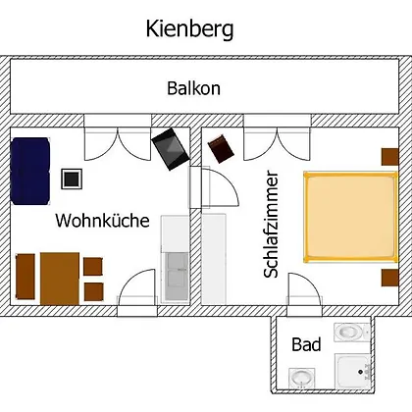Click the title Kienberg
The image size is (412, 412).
(x=189, y=29)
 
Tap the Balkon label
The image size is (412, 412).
(x=194, y=88)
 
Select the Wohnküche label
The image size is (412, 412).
(x=102, y=220)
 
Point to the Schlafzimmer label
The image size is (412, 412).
(x=272, y=225)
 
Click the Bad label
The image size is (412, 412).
(x=306, y=344)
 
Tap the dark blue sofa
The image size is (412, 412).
(x=30, y=171)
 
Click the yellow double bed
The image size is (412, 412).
(x=351, y=217)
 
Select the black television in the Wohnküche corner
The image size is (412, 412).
(x=171, y=149)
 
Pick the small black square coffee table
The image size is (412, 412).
(x=72, y=179)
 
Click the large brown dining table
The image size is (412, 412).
(x=60, y=279)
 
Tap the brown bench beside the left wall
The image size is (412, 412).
(x=26, y=277)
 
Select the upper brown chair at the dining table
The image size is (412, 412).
(x=93, y=267)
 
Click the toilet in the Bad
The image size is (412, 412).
(x=351, y=333)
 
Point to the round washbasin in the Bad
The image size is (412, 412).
(x=302, y=379)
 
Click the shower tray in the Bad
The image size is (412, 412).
(x=353, y=372)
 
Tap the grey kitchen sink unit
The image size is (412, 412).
(x=177, y=277)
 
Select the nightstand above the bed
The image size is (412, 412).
(x=390, y=157)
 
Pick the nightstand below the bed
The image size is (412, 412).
(x=390, y=278)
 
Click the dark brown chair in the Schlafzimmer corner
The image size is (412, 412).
(x=222, y=149)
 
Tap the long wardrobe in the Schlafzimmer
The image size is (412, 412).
(x=214, y=259)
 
